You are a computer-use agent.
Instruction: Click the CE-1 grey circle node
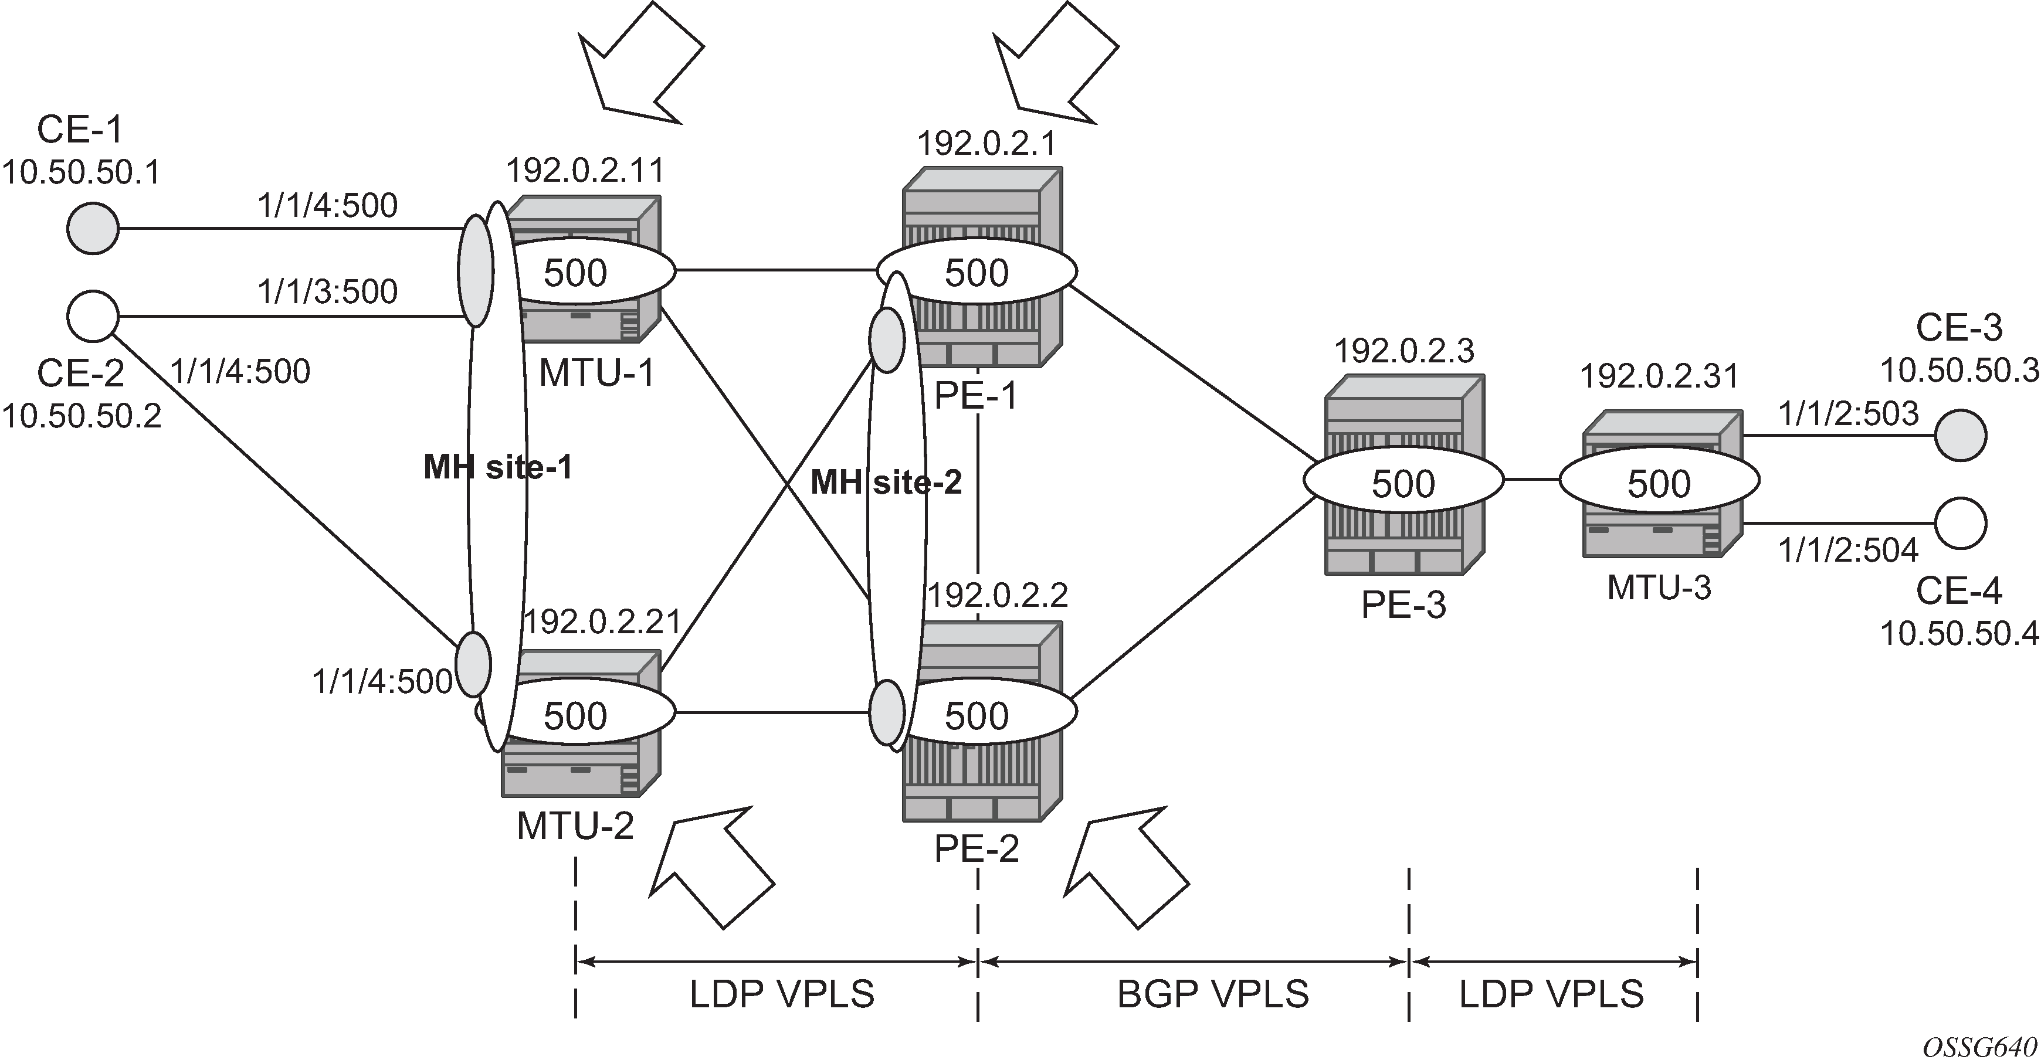tap(93, 229)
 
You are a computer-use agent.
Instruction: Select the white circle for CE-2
tap(93, 316)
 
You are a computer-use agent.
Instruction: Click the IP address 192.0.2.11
tap(585, 169)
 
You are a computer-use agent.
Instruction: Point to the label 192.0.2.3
tap(1404, 349)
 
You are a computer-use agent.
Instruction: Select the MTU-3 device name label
tap(1659, 587)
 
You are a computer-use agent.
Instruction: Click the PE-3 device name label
tap(1403, 605)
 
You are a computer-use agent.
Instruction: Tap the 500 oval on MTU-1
tap(586, 271)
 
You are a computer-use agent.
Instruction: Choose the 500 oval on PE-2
tap(978, 715)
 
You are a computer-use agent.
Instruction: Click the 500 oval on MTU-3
tap(1659, 481)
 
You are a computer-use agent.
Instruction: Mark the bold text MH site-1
tap(497, 468)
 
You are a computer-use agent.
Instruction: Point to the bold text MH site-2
tap(886, 481)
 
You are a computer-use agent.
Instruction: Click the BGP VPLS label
tap(1212, 994)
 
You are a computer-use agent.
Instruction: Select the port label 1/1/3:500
tap(327, 291)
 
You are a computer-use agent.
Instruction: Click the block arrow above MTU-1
tap(640, 63)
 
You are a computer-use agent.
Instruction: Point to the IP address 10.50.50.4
tap(1959, 634)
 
